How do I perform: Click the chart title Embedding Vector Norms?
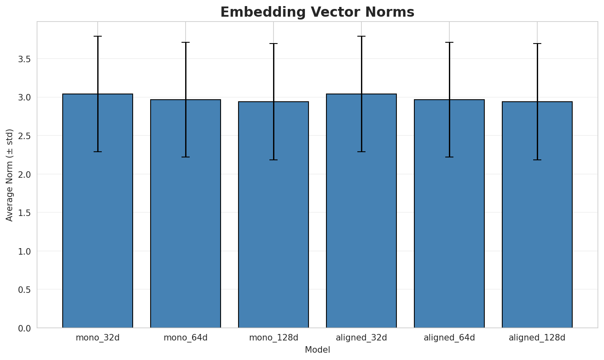(x=317, y=12)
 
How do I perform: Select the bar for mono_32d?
(x=98, y=212)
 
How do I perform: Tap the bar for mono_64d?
(x=186, y=214)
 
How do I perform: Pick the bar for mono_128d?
(x=274, y=215)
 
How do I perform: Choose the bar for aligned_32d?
(x=361, y=212)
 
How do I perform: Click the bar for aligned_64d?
(x=449, y=214)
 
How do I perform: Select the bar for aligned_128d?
(x=537, y=215)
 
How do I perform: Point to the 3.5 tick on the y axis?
(x=24, y=59)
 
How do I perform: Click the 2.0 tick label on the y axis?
(x=24, y=175)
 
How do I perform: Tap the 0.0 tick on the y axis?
(x=24, y=328)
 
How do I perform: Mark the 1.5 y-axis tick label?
(x=24, y=213)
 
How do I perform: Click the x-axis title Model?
(x=317, y=350)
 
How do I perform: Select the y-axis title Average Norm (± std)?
(x=10, y=175)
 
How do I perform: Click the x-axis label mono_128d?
(x=274, y=338)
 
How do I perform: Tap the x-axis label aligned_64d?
(x=449, y=338)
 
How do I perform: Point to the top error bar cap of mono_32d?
(x=98, y=36)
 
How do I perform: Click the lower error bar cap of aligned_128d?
(x=537, y=160)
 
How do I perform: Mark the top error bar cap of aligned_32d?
(x=361, y=36)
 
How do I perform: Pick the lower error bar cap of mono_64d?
(x=186, y=157)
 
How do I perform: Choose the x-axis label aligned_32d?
(x=361, y=338)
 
